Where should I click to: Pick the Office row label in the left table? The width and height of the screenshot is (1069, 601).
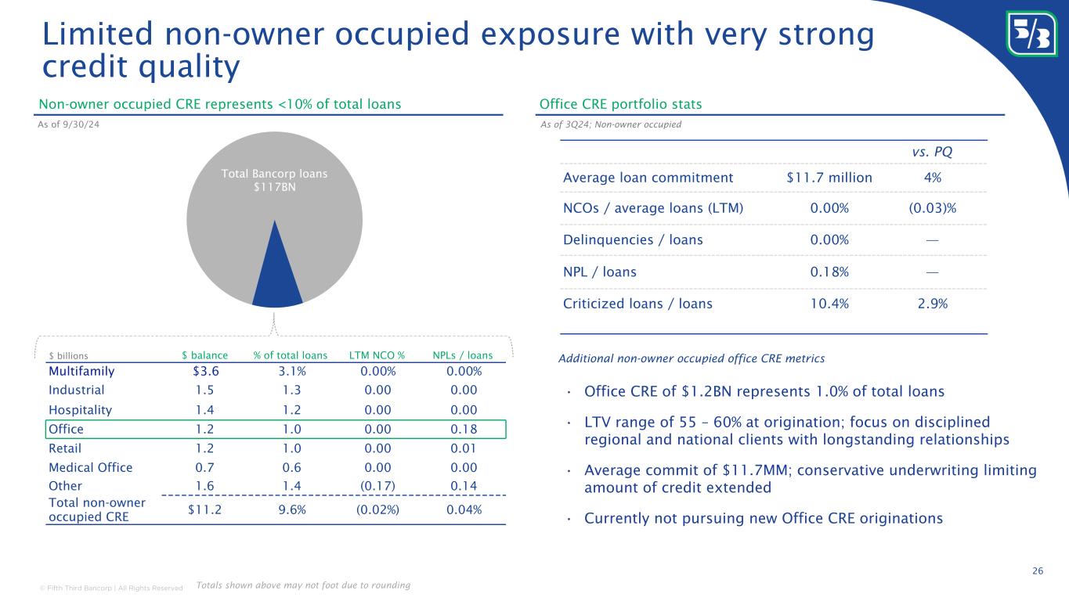click(66, 429)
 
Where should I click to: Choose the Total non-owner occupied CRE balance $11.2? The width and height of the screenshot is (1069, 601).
click(206, 509)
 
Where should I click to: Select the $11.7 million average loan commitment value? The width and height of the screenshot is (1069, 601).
click(829, 178)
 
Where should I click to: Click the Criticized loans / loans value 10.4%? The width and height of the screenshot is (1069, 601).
click(829, 304)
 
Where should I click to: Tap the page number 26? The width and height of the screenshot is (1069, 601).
click(1038, 570)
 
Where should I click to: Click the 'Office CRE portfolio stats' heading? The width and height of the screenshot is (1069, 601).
click(620, 104)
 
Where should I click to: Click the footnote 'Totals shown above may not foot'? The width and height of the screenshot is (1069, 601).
click(303, 585)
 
